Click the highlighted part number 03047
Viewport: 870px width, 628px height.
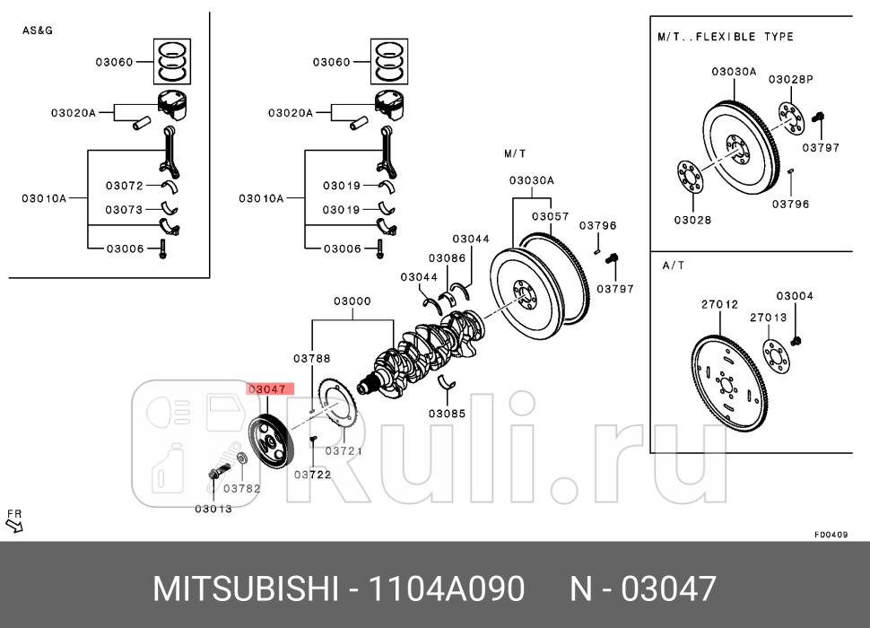[x=266, y=389]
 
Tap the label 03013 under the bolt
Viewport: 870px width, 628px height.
[x=213, y=509]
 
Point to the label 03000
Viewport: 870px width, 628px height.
[x=352, y=301]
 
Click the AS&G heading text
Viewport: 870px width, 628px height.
[x=39, y=31]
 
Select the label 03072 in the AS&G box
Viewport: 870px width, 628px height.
[x=124, y=186]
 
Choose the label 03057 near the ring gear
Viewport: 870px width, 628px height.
[x=550, y=216]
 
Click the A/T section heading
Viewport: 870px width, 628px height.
[x=674, y=266]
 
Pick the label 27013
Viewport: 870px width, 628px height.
[x=768, y=317]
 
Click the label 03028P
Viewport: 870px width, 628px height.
[x=790, y=79]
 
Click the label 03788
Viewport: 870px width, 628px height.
[x=311, y=358]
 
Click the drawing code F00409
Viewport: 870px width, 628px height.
[x=831, y=534]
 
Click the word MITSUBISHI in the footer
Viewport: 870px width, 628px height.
[x=245, y=589]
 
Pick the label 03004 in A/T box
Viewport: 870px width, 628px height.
[x=794, y=296]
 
